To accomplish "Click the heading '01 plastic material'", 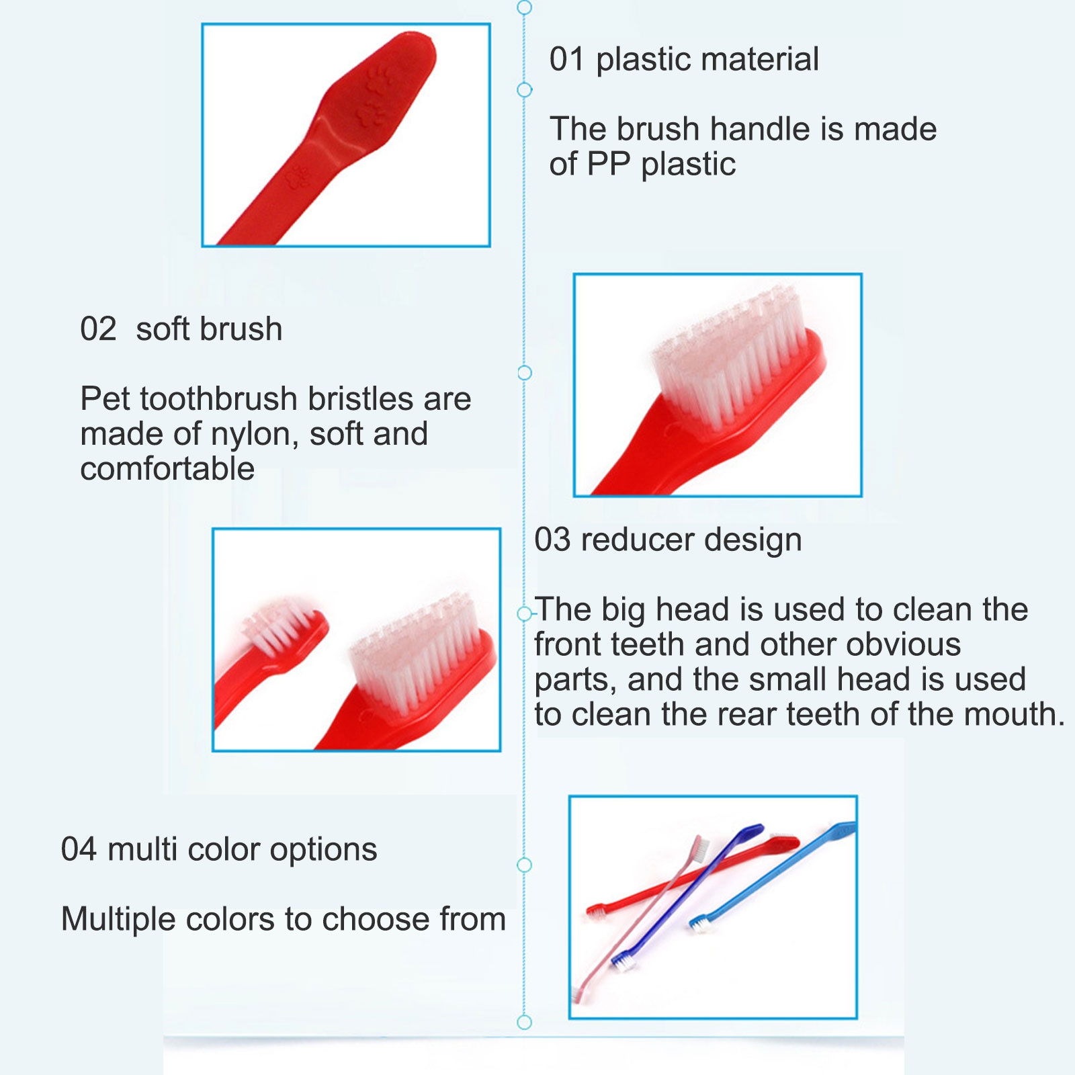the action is click(684, 59).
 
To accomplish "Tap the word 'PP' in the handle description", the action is click(608, 164).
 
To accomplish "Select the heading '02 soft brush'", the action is click(181, 329).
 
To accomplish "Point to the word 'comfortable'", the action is click(167, 469).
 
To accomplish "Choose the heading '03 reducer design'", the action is click(668, 540).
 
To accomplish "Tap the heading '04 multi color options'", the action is click(219, 850).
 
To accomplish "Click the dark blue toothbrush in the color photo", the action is click(689, 896).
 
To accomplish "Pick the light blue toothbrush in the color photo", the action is click(773, 876).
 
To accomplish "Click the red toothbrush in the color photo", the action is click(692, 876).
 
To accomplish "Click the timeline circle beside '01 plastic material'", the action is click(525, 89).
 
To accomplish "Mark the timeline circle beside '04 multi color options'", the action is click(525, 865).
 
